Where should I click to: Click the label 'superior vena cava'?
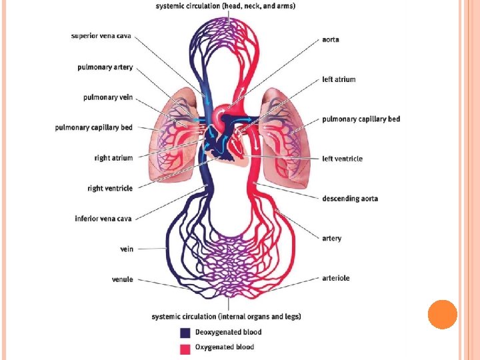tap(102, 36)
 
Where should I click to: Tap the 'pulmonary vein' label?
tap(108, 97)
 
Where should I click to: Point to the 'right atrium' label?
tap(113, 158)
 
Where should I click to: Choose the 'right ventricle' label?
tap(110, 188)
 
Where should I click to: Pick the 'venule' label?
tap(122, 279)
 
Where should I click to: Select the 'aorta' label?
tap(331, 39)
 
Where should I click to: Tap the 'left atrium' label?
tap(339, 79)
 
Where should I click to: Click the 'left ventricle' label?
tap(342, 159)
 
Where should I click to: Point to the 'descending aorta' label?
tap(350, 199)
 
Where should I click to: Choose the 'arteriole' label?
tap(336, 278)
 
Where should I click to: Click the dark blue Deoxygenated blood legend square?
tap(185, 332)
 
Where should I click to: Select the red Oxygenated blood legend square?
tap(185, 347)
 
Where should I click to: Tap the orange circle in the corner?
tap(442, 315)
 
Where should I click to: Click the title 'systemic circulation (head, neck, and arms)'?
tap(226, 6)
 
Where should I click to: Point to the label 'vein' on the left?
tap(126, 249)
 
